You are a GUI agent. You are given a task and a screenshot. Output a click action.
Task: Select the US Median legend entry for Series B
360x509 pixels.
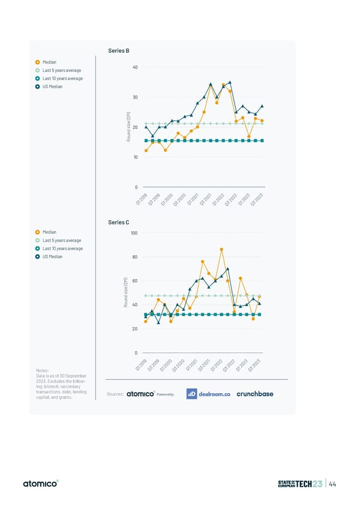pos(52,86)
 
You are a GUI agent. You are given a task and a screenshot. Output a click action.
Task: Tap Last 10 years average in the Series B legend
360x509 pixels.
pos(62,78)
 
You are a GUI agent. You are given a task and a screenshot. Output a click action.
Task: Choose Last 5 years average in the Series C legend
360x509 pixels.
pos(61,240)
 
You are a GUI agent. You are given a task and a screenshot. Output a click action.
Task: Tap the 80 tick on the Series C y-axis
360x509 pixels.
pos(135,257)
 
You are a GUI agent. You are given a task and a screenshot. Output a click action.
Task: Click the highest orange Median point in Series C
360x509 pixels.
pos(221,249)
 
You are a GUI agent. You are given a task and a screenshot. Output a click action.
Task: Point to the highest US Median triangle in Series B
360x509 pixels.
pos(230,82)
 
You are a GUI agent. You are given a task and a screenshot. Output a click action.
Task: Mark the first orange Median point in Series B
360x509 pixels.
pos(146,151)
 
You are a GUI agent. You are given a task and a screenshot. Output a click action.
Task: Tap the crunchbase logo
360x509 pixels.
pos(254,394)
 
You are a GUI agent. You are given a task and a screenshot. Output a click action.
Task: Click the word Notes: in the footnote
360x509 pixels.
pos(44,371)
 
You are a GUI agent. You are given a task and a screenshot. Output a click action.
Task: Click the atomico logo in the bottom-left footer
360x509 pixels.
pos(40,484)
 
